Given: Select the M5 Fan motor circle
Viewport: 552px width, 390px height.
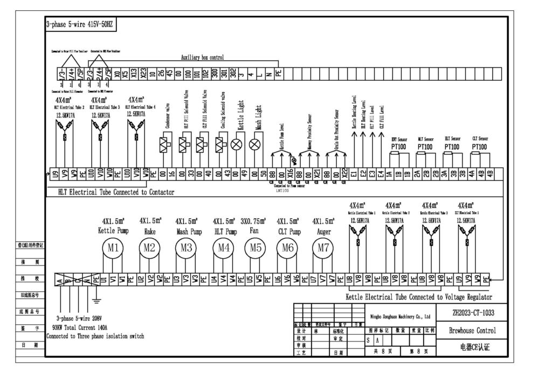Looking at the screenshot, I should click(256, 248).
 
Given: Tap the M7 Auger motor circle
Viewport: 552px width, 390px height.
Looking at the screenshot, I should click(323, 248).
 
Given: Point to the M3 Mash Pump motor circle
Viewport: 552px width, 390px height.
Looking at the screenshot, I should click(186, 248).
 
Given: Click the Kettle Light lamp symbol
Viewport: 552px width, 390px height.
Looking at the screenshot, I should click(236, 144).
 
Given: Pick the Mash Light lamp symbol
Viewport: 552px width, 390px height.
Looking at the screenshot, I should click(255, 144).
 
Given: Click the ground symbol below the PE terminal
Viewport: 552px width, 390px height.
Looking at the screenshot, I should click(97, 300).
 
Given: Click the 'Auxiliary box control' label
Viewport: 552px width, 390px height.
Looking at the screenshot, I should click(202, 57).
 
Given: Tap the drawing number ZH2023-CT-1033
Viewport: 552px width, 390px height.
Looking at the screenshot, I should click(473, 312).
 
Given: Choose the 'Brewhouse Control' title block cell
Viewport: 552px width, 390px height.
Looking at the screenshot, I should click(473, 331).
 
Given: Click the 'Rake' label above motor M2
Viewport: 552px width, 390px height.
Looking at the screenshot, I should click(149, 231).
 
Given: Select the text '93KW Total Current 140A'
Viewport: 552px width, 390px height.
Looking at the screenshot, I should click(80, 327).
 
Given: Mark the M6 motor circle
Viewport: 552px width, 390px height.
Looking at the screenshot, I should click(287, 248).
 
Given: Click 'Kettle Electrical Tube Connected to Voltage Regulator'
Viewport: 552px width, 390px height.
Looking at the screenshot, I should click(418, 297).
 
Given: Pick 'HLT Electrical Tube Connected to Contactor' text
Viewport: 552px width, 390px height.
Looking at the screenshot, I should click(120, 192).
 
